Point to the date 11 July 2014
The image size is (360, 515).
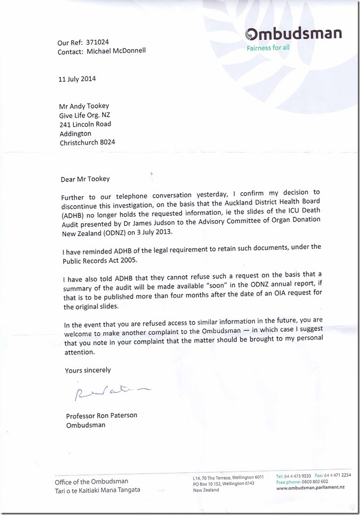pyautogui.click(x=77, y=79)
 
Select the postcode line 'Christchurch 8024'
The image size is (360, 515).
pyautogui.click(x=87, y=142)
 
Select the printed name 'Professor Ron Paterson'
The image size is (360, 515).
pyautogui.click(x=101, y=416)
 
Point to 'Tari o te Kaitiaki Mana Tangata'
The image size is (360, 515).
pyautogui.click(x=98, y=490)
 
